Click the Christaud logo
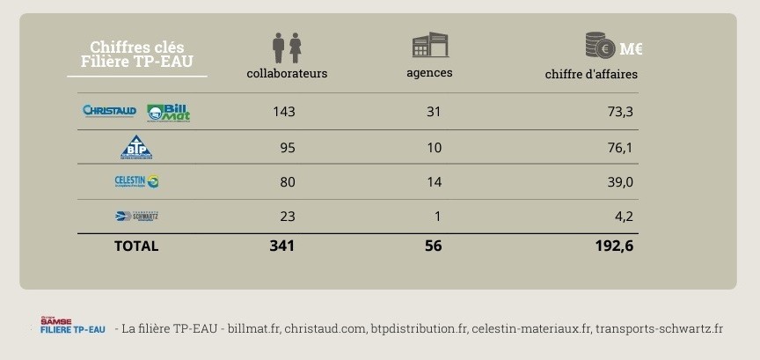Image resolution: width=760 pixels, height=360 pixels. tap(109, 111)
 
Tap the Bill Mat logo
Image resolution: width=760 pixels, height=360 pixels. tap(168, 112)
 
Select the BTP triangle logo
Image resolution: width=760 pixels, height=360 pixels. tap(136, 147)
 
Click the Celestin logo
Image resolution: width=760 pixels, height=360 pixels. tap(136, 181)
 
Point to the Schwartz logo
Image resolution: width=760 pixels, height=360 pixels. tap(136, 216)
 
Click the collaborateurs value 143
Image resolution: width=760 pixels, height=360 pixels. tap(283, 112)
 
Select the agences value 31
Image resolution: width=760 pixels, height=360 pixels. tap(433, 112)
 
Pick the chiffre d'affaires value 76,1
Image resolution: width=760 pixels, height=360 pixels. tap(620, 147)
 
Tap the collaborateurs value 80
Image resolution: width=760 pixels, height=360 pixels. tap(287, 181)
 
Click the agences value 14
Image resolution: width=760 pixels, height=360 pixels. tap(434, 181)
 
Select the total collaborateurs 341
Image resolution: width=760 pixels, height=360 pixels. tap(282, 246)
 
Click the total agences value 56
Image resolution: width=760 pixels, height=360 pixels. tap(433, 246)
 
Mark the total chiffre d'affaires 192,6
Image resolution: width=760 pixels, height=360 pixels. tap(614, 246)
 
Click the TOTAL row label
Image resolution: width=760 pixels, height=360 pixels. tap(136, 246)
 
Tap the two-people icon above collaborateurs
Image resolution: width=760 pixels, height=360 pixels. tap(287, 47)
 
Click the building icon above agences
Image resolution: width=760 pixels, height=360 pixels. tap(430, 46)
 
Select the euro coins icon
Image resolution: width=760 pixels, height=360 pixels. tap(600, 45)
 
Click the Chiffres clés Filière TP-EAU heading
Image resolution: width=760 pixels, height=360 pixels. tap(137, 55)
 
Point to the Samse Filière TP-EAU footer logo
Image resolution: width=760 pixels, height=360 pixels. tap(72, 326)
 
